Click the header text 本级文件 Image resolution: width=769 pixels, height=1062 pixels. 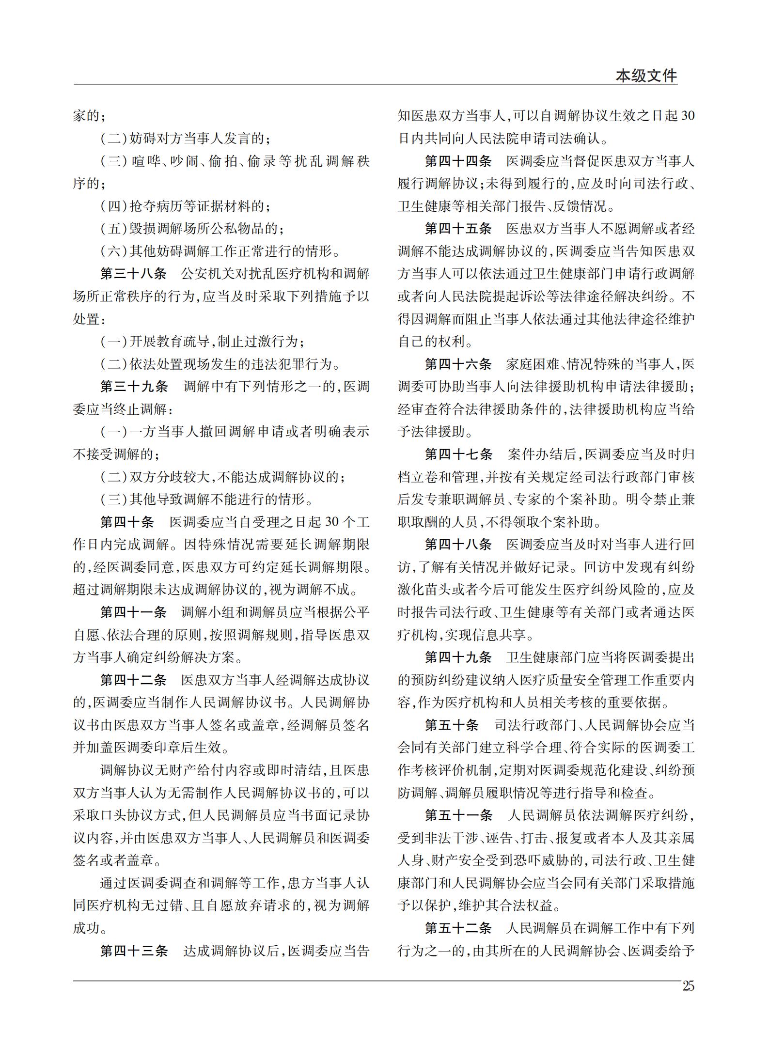pyautogui.click(x=646, y=76)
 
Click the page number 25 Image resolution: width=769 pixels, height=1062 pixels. pyautogui.click(x=688, y=986)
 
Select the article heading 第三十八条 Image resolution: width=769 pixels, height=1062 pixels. pyautogui.click(x=133, y=274)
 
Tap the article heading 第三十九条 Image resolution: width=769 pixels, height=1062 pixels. pyautogui.click(x=134, y=387)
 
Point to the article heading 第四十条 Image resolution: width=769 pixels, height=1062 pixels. pyautogui.click(x=127, y=522)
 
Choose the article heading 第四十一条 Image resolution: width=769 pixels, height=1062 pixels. pyautogui.click(x=133, y=612)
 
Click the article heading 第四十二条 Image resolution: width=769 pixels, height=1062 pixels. pyautogui.click(x=133, y=680)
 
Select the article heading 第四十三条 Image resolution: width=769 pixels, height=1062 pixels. pyautogui.click(x=134, y=951)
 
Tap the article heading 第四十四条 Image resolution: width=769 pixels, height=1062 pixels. pyautogui.click(x=458, y=161)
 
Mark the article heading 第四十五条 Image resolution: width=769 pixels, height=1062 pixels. pyautogui.click(x=458, y=229)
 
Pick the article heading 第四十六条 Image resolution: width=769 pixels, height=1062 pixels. pyautogui.click(x=458, y=364)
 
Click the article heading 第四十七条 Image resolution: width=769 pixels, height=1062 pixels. pyautogui.click(x=459, y=454)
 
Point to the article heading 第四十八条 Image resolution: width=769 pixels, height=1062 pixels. pyautogui.click(x=458, y=544)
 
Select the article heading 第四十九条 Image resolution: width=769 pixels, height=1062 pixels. pyautogui.click(x=458, y=657)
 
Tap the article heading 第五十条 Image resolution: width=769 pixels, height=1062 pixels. pyautogui.click(x=452, y=725)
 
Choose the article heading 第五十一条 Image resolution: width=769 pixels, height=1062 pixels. pyautogui.click(x=459, y=815)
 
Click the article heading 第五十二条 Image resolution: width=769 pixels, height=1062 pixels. pyautogui.click(x=458, y=928)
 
